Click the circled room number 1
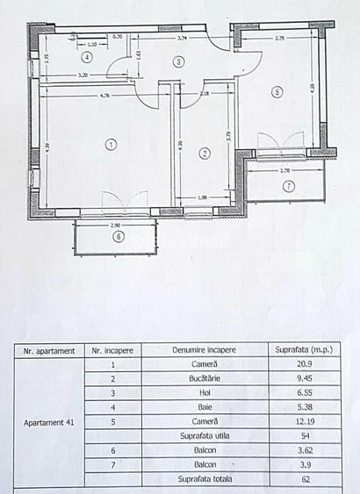[111, 144]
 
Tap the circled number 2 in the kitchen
[205, 154]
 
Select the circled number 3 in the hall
[178, 61]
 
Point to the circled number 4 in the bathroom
[87, 56]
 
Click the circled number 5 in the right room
[277, 90]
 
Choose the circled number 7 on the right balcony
[287, 185]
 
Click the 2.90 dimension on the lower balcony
[115, 227]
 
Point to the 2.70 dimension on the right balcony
[284, 171]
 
